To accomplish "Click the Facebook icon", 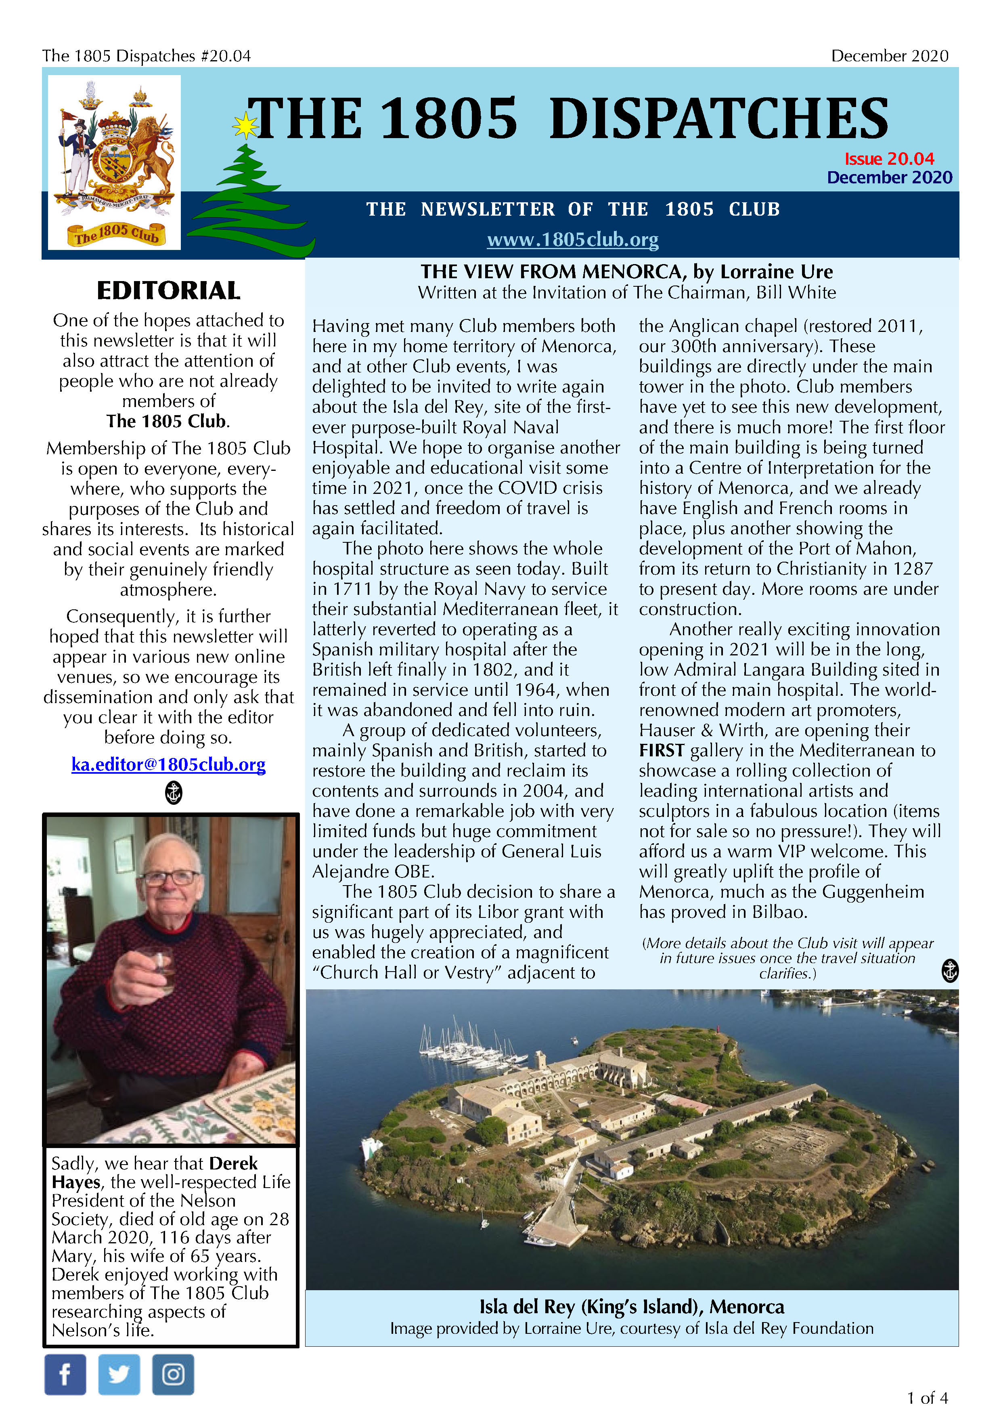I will pos(65,1375).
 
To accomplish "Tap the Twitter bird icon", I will pos(119,1375).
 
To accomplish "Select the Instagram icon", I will pos(173,1375).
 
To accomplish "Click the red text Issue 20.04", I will pos(889,159).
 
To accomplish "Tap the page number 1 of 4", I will pos(927,1398).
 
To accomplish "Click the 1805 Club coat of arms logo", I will pos(115,162).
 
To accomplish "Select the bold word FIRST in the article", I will pos(661,750).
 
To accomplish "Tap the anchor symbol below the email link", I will pos(174,792).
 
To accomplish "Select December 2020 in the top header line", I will pos(889,56).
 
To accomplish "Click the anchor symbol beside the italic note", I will pos(950,970).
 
